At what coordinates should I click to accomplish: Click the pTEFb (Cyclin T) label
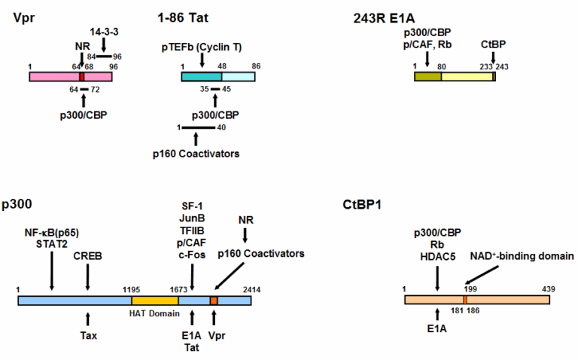pos(201,47)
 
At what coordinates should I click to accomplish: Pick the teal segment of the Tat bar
pos(199,77)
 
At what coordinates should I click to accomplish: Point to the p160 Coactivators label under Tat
pos(196,155)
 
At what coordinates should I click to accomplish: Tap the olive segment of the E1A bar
pos(428,76)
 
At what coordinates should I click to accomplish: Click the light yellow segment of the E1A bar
pos(466,76)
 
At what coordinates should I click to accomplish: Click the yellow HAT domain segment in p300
pos(154,301)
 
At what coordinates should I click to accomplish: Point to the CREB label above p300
pos(88,255)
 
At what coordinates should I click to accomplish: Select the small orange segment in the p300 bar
pos(214,301)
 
